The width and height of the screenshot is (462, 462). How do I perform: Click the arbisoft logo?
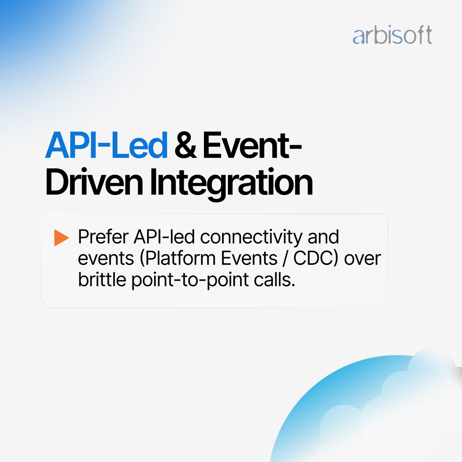tap(392, 35)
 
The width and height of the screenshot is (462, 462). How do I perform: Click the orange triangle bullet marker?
tap(61, 238)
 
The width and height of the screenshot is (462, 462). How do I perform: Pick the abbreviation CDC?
tap(315, 258)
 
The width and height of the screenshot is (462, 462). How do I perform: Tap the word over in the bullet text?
tap(362, 258)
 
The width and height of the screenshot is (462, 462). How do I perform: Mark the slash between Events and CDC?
tap(285, 258)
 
